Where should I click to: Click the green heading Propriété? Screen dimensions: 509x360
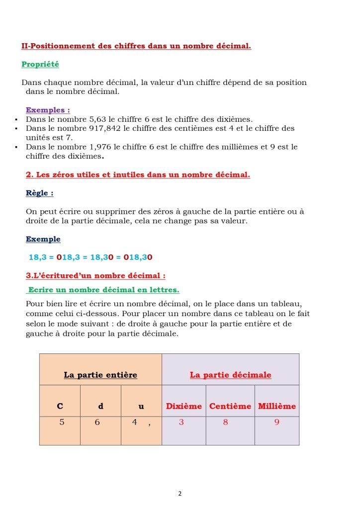[40, 64]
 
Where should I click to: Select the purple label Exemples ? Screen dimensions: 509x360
[48, 110]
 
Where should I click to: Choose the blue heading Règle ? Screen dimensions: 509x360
[39, 193]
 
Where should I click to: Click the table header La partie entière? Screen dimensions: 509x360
[100, 375]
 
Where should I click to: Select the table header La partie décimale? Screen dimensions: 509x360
[230, 375]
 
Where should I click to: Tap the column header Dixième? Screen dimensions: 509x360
[183, 406]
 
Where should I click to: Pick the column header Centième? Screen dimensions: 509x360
[230, 406]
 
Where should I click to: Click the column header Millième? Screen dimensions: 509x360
[276, 406]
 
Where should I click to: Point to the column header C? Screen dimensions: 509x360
[60, 406]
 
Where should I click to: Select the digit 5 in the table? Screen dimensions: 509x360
[62, 423]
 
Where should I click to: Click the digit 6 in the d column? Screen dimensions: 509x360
[97, 423]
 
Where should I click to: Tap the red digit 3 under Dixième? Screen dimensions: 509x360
[181, 423]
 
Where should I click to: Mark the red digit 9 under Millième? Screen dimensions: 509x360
[276, 423]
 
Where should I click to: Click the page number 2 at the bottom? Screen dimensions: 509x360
[180, 494]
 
